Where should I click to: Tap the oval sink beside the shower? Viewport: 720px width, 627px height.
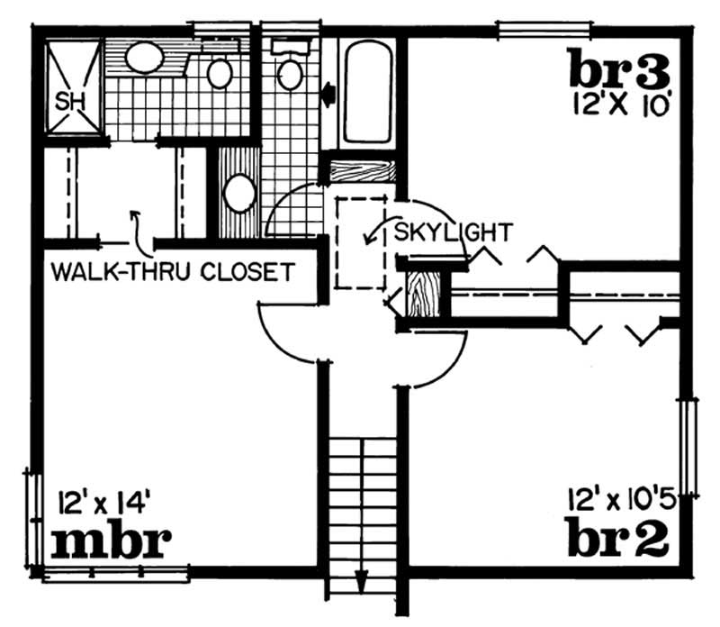click(144, 58)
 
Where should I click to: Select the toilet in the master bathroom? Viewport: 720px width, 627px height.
click(220, 72)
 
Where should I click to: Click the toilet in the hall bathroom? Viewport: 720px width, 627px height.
click(290, 74)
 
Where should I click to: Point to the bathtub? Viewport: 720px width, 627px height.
click(367, 93)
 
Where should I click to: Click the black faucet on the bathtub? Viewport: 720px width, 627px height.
click(329, 92)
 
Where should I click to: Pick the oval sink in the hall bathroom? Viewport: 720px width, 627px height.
click(239, 193)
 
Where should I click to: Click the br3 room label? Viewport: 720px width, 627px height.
click(619, 68)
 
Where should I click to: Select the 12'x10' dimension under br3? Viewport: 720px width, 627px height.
click(620, 104)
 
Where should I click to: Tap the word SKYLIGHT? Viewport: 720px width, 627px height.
click(453, 232)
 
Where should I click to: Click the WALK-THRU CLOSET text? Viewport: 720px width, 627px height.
click(173, 270)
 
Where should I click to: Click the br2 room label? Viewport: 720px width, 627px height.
click(618, 537)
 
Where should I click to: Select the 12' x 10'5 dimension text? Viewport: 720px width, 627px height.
click(620, 496)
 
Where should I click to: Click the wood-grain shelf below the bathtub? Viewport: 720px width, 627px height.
click(364, 170)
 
